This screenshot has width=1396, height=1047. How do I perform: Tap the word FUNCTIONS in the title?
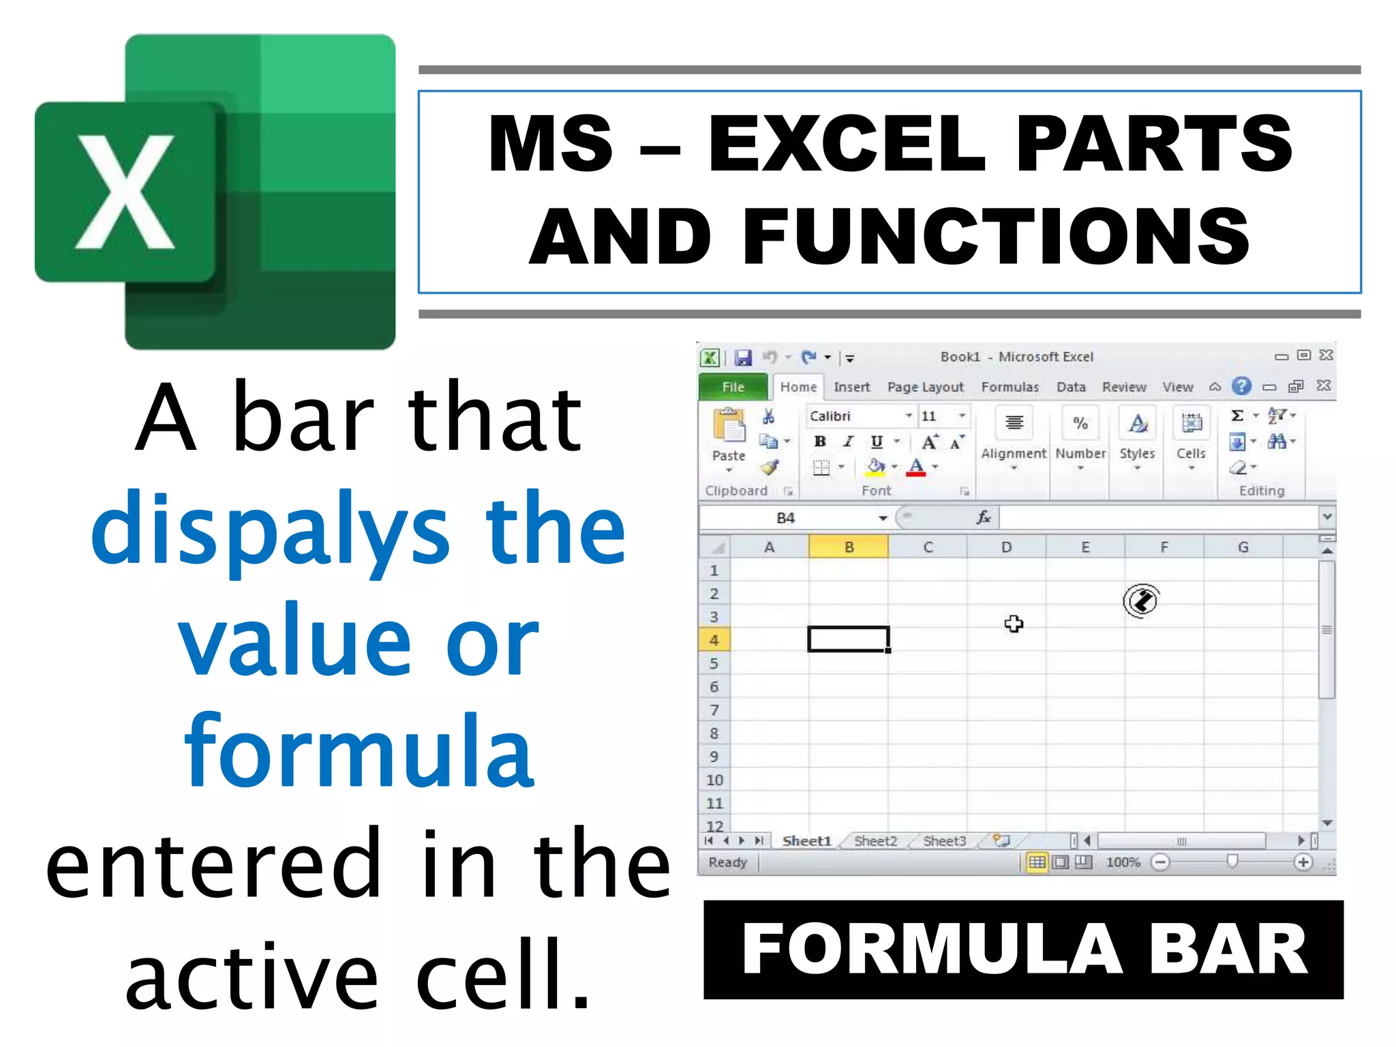pyautogui.click(x=996, y=237)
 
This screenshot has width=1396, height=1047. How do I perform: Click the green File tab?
pyautogui.click(x=733, y=387)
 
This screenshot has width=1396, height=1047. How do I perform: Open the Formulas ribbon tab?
pyautogui.click(x=1010, y=387)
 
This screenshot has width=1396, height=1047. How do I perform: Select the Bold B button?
pyautogui.click(x=820, y=442)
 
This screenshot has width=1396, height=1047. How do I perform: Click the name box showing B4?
pyautogui.click(x=786, y=518)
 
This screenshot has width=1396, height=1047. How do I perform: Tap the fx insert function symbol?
pyautogui.click(x=983, y=518)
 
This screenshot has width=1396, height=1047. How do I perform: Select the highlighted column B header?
pyautogui.click(x=849, y=547)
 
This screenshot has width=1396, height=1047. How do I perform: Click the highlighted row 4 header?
pyautogui.click(x=714, y=640)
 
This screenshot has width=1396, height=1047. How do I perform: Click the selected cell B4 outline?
pyautogui.click(x=848, y=639)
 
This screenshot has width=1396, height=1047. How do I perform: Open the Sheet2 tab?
pyautogui.click(x=875, y=841)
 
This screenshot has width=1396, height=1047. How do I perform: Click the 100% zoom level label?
pyautogui.click(x=1123, y=862)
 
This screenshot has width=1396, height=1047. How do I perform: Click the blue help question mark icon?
pyautogui.click(x=1241, y=386)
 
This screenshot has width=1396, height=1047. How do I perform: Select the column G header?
pyautogui.click(x=1243, y=547)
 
